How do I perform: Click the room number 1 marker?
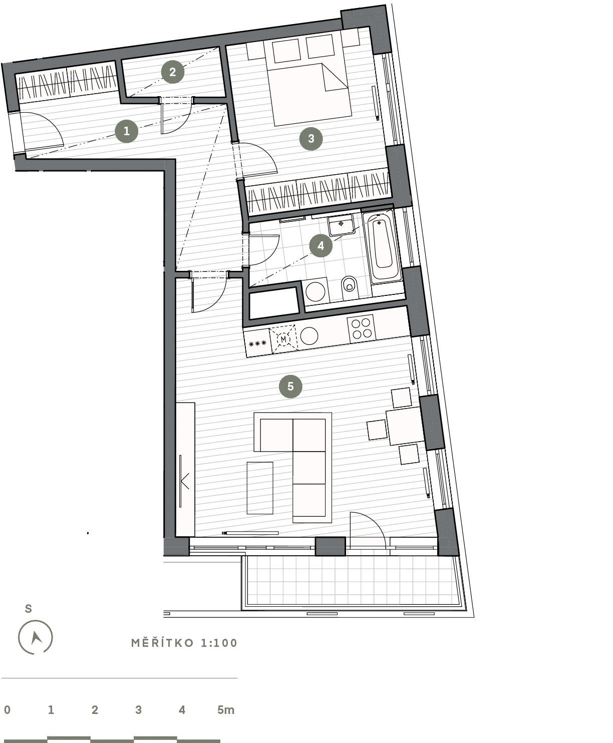coord(126,131)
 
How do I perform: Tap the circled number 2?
coord(173,72)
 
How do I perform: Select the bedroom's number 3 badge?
coord(311,138)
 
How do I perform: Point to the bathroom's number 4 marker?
coord(321,245)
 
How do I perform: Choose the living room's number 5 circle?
coord(290,386)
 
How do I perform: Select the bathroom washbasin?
coord(342,225)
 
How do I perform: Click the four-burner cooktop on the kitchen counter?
coord(361,328)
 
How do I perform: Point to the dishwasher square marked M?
coord(283,339)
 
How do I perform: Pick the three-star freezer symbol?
coord(258,343)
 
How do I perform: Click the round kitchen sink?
coord(309,336)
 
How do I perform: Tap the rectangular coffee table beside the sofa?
coord(260,488)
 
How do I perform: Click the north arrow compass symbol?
coord(35,637)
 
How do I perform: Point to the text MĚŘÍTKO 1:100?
coord(184,643)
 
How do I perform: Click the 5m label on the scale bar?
coord(226,709)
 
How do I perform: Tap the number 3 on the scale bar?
coord(139,709)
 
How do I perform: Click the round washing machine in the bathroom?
coord(316,291)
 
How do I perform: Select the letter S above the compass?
coord(29,608)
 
